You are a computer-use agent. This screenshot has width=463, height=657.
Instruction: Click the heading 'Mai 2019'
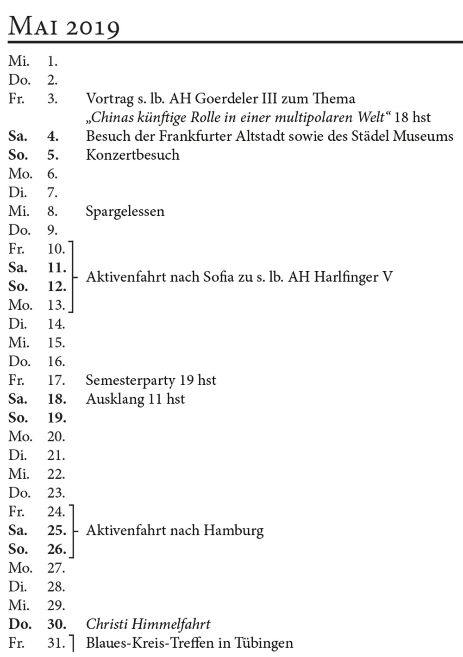[64, 26]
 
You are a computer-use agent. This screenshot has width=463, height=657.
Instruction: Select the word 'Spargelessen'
[125, 212]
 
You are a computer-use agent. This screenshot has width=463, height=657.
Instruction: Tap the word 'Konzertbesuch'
[132, 155]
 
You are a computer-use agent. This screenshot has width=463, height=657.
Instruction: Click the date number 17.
[56, 380]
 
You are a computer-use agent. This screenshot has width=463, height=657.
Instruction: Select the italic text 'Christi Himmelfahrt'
[148, 624]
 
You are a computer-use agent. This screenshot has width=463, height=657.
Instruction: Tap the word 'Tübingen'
[263, 643]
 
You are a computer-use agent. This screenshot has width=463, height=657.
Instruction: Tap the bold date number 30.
[56, 624]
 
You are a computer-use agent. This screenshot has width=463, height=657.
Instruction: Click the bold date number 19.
[56, 418]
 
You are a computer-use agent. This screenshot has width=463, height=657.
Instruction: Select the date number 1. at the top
[52, 61]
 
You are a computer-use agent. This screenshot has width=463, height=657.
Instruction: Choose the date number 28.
[56, 587]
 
